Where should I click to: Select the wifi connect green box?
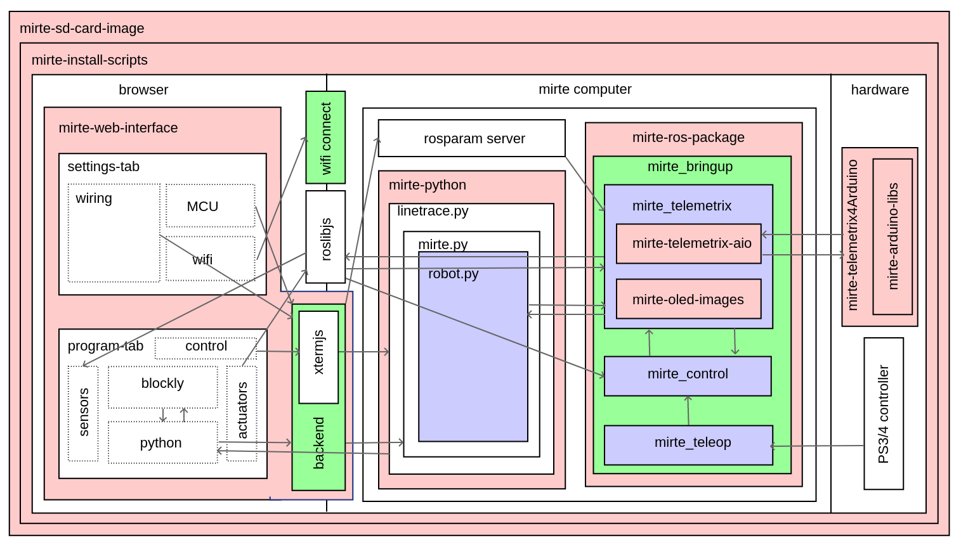point(325,138)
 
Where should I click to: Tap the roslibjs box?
point(325,237)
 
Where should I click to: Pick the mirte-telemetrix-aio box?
point(688,243)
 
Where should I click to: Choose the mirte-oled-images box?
point(688,299)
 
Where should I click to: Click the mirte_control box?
point(688,376)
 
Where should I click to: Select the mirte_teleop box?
point(688,445)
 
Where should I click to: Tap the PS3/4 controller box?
point(884,413)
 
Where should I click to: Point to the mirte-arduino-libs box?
point(892,236)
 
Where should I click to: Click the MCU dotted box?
point(210,206)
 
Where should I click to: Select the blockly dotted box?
point(162,387)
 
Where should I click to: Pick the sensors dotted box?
point(83,413)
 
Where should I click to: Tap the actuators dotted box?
point(242,413)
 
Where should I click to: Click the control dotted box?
point(206,348)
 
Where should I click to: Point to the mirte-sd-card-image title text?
point(82,29)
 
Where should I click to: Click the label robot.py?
point(453,274)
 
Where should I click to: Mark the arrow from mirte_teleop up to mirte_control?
point(688,411)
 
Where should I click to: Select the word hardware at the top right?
point(880,90)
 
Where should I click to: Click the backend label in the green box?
point(318,443)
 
